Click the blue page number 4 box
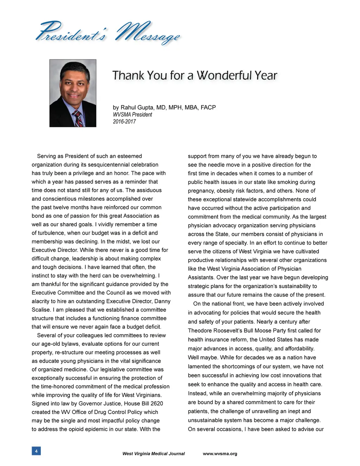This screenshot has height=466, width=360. coord(36,451)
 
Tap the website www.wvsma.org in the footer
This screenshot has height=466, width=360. coord(220,454)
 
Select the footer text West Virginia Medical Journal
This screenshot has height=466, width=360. coord(153,454)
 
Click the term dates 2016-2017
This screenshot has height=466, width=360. coord(124,122)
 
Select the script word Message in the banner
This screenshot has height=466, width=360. coord(148,34)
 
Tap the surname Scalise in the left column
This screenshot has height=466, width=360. coord(41,310)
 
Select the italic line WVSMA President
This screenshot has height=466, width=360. coord(133,115)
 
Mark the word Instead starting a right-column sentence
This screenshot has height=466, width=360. coord(199,394)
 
